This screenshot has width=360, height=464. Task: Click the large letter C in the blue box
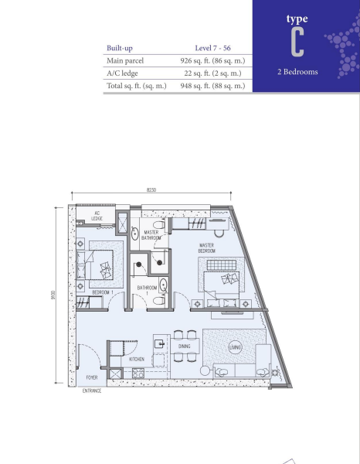coord(297,43)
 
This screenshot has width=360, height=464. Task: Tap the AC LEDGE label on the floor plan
coord(97,217)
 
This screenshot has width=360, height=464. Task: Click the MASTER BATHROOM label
coord(151,234)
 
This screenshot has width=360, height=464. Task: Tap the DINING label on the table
coord(185,346)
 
